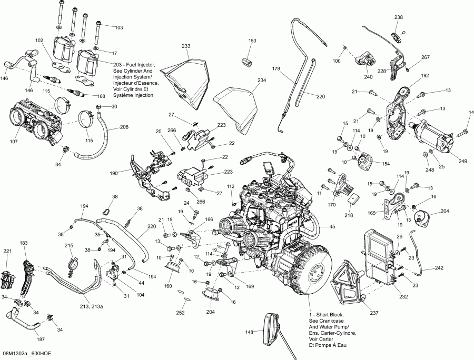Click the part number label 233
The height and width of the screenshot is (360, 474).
click(x=186, y=46)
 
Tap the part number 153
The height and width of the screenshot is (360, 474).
click(x=252, y=41)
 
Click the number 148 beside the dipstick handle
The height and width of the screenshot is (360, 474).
click(x=250, y=332)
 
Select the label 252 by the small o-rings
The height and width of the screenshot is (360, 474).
click(x=180, y=313)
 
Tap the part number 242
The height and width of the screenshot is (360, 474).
click(x=439, y=268)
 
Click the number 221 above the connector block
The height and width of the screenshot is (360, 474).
click(x=7, y=252)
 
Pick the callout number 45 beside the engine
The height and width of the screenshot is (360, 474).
click(x=332, y=227)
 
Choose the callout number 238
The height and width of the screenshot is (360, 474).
click(x=398, y=17)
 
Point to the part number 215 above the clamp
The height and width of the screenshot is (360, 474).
click(x=69, y=246)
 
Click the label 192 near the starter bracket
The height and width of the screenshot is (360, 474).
click(x=426, y=75)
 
